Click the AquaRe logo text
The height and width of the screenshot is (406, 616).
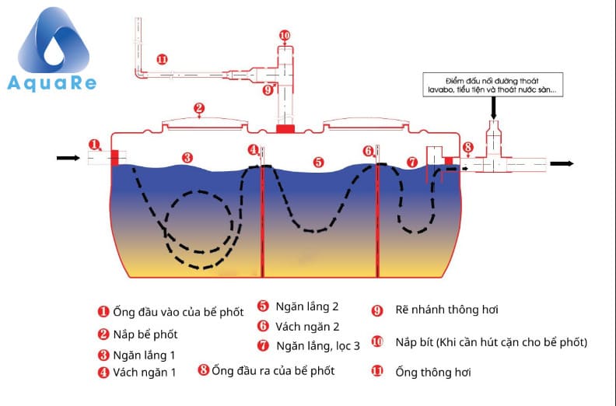coord(52,82)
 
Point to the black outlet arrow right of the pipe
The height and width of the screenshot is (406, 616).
coord(562,163)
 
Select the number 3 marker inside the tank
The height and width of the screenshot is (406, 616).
coord(187,157)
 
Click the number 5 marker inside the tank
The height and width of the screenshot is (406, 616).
coord(318,163)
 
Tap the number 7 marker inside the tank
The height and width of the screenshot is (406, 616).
coord(412,162)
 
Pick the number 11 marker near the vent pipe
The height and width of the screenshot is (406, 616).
coord(162,58)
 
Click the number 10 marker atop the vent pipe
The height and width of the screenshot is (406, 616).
coord(284,35)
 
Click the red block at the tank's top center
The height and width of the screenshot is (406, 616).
coord(286,128)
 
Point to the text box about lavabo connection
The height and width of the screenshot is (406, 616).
coord(492,85)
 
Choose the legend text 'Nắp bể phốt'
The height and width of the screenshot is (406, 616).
coord(145,334)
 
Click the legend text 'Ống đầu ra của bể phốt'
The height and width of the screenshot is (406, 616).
coord(273,371)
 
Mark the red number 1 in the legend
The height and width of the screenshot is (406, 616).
coord(103,312)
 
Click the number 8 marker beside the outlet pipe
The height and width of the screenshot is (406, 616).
coord(467,147)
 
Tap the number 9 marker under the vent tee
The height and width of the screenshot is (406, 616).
coord(268,89)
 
